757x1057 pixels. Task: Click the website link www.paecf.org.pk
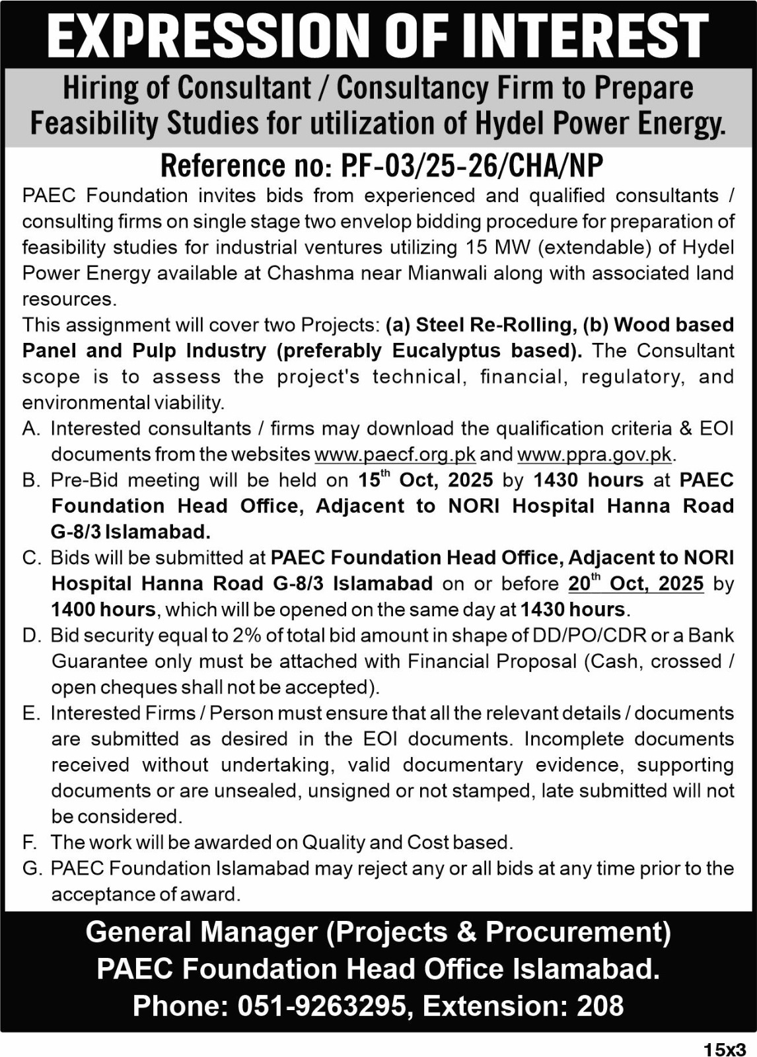tap(395, 455)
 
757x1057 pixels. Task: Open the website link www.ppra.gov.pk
tap(594, 455)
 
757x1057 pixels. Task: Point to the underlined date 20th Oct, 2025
tap(635, 583)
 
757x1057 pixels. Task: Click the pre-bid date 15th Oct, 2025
tap(425, 480)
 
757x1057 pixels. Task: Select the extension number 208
tap(600, 1006)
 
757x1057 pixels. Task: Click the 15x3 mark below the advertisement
tap(724, 1048)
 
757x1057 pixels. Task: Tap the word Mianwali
tap(449, 273)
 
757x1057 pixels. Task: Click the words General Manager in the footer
tap(201, 931)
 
